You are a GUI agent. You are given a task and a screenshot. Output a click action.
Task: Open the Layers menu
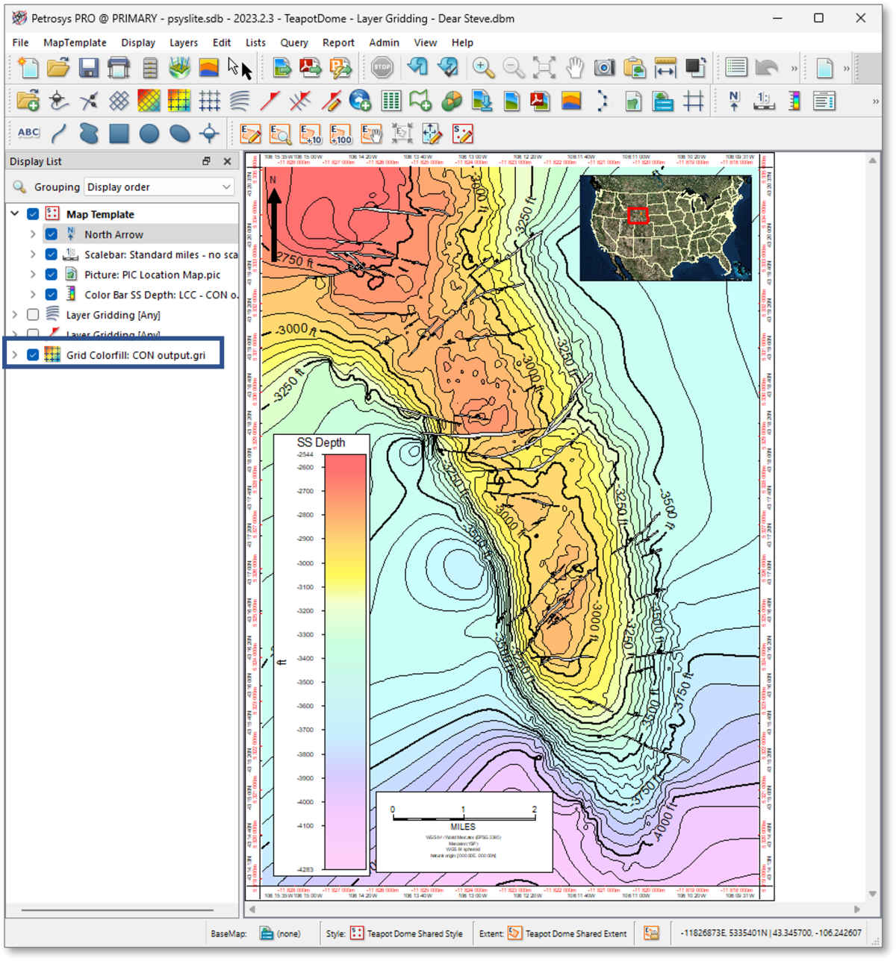click(183, 43)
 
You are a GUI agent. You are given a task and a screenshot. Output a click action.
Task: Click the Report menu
click(338, 43)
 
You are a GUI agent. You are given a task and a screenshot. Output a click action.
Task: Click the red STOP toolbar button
click(382, 68)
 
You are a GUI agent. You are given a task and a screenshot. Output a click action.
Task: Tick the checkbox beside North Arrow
click(52, 234)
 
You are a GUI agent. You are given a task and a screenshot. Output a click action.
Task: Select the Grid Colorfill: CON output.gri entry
click(135, 355)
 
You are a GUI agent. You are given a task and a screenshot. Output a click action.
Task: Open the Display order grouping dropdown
click(159, 187)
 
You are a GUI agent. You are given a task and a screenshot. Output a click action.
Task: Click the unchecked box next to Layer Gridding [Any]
click(33, 315)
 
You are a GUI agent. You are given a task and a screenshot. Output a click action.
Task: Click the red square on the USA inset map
click(638, 216)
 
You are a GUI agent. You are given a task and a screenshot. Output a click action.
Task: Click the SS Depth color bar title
click(321, 442)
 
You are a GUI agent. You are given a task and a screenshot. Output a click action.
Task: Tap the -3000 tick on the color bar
click(305, 563)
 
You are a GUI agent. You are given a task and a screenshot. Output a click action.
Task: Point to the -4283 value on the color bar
click(305, 869)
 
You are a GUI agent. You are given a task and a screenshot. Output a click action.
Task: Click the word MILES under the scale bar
click(463, 827)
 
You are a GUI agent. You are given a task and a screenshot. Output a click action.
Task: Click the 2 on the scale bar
click(534, 810)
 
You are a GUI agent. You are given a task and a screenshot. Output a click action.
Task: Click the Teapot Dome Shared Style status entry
click(414, 933)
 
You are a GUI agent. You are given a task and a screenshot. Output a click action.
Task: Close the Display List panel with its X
click(227, 161)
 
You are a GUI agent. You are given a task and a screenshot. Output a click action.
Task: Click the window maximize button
click(818, 18)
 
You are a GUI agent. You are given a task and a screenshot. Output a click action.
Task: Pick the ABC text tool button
click(28, 133)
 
